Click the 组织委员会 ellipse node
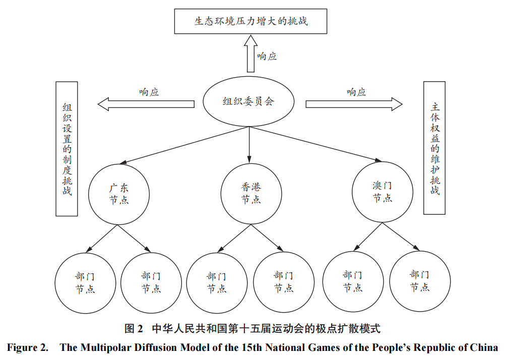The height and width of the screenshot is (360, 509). coord(249,102)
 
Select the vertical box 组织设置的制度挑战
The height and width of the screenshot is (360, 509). coord(67,149)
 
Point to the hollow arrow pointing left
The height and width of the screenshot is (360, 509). coord(146,104)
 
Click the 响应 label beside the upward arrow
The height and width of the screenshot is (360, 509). coord(267,56)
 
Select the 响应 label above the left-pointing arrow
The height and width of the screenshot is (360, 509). coord(149,92)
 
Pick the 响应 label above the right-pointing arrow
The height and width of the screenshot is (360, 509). coord(356,92)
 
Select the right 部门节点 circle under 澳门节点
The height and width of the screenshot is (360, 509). coord(419,281)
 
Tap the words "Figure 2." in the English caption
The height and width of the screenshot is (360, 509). coord(28,347)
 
